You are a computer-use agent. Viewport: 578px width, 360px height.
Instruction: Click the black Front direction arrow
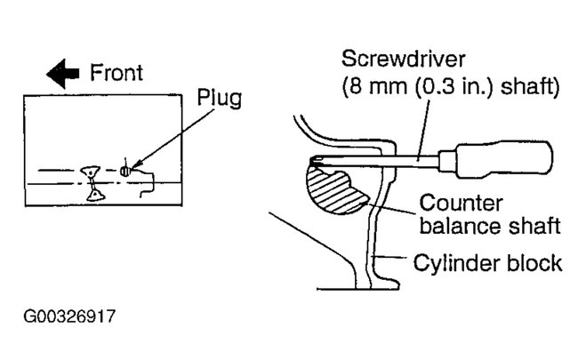pyautogui.click(x=61, y=76)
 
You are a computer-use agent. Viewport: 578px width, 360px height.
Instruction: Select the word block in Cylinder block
pyautogui.click(x=536, y=262)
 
